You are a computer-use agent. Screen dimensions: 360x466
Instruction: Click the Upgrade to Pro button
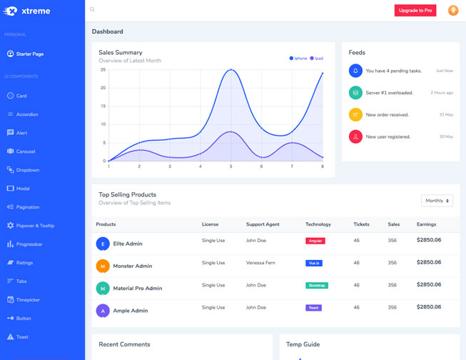click(x=415, y=11)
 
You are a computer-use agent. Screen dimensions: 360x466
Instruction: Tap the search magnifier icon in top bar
click(x=92, y=10)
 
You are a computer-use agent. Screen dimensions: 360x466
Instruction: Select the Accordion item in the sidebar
click(x=27, y=114)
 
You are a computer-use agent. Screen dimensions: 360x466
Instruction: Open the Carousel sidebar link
click(x=26, y=151)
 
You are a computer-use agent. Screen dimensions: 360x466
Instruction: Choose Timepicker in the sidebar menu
click(x=29, y=300)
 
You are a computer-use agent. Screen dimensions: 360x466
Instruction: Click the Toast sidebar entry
click(x=22, y=337)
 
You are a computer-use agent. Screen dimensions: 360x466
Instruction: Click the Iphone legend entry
click(x=298, y=59)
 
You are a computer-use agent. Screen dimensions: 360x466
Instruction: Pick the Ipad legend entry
click(x=317, y=59)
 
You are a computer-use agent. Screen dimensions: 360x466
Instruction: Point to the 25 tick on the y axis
click(x=103, y=70)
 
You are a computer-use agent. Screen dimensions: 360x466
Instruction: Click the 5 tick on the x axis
click(x=231, y=166)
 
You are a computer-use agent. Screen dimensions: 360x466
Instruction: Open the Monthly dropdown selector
click(x=437, y=201)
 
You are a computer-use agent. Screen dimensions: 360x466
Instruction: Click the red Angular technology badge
click(x=315, y=241)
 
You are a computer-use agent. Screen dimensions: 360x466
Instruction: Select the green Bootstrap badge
click(x=316, y=285)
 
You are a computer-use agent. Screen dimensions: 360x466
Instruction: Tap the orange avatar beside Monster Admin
click(x=103, y=266)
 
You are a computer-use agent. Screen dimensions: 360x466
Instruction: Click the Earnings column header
click(x=426, y=224)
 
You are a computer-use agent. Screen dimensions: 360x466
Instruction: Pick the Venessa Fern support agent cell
click(x=260, y=263)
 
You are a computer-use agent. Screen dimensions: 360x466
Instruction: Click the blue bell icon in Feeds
click(x=355, y=71)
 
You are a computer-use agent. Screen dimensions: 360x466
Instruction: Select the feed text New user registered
click(x=388, y=136)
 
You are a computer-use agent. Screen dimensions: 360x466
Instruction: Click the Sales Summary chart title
click(x=121, y=52)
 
